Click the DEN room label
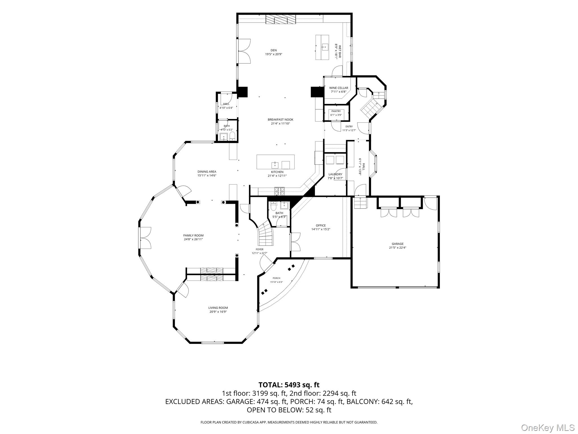(273, 50)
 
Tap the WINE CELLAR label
(338, 88)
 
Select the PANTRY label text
(336, 111)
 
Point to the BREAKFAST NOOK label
(281, 120)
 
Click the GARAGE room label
(397, 244)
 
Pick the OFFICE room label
(321, 225)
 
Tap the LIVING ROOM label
(218, 308)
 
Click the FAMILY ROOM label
(193, 235)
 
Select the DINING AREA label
(207, 172)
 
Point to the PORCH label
(276, 278)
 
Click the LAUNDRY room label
(335, 174)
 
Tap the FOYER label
(259, 249)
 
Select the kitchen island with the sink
(275, 162)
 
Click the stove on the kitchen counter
(279, 191)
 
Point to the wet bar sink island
(322, 47)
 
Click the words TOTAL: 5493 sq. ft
(289, 385)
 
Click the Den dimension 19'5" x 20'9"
(273, 54)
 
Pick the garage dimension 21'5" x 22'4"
(397, 248)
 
